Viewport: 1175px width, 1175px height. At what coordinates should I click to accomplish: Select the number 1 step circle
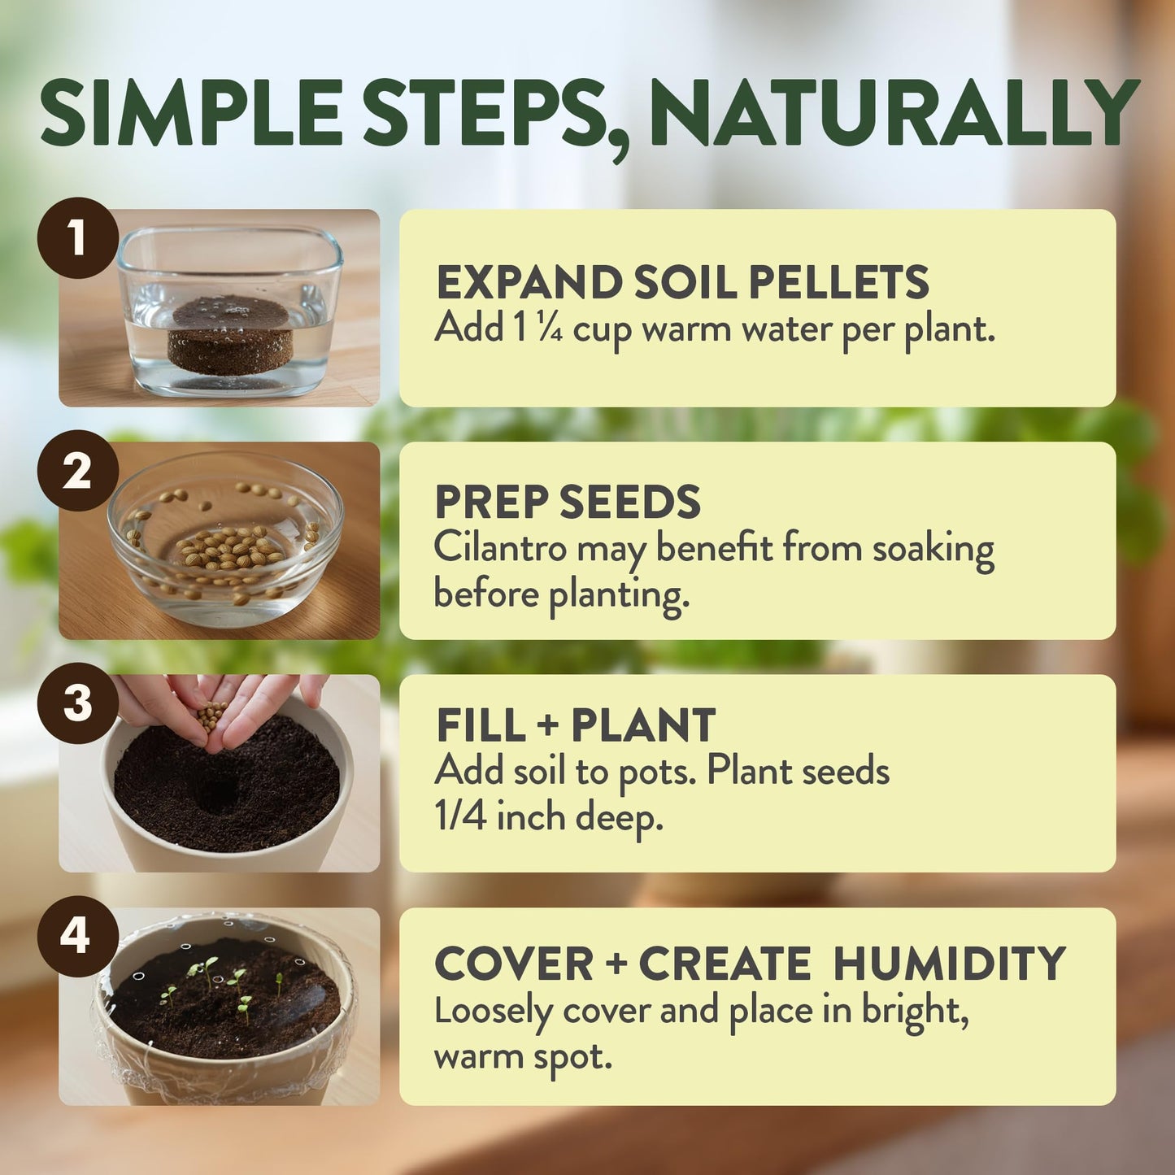(78, 237)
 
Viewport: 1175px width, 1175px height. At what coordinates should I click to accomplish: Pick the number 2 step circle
(78, 471)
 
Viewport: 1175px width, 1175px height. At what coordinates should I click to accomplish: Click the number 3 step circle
(78, 703)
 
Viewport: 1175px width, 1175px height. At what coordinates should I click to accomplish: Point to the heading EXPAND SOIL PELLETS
(681, 283)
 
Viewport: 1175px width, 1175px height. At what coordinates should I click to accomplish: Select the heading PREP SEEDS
(568, 502)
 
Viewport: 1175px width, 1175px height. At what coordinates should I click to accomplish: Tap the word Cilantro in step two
(499, 548)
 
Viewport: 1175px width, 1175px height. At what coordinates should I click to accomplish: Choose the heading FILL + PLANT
(576, 725)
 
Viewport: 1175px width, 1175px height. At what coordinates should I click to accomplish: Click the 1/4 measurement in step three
(460, 816)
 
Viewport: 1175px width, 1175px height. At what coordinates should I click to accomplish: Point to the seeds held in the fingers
(211, 715)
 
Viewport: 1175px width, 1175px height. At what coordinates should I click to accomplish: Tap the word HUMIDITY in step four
(949, 964)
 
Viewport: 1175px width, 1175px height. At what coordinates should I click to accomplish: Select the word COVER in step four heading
(514, 964)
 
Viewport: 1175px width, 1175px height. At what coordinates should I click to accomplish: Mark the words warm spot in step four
(522, 1056)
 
